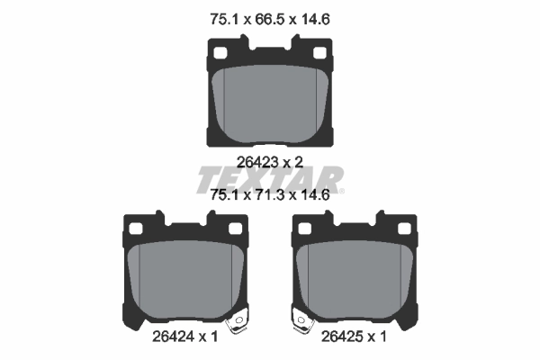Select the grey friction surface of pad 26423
[x=270, y=103]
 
